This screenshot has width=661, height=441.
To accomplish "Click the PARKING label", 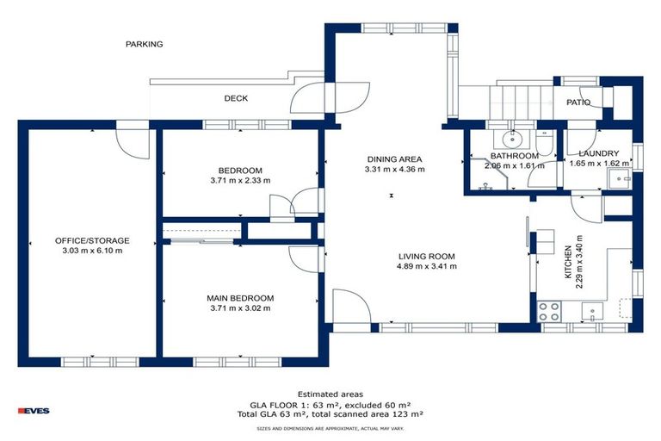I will pos(144,44).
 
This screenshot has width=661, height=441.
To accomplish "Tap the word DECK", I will pos(236,98).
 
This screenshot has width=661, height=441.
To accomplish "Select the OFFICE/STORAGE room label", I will pos(92,240).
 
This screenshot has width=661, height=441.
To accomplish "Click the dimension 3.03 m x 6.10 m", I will pos(92,252).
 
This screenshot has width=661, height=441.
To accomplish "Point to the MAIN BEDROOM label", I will pos(240,298).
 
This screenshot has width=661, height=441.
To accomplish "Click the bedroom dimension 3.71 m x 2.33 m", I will pos(240,181).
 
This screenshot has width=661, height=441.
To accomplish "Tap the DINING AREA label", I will pos(394,158).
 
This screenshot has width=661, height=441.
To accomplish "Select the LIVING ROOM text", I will pos(426,256).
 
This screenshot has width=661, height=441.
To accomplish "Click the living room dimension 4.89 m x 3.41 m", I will pos(426,267).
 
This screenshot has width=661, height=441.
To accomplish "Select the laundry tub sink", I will pos(618,178).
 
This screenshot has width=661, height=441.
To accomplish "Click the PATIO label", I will pos(578,102).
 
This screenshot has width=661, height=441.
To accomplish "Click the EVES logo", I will pos(34,411).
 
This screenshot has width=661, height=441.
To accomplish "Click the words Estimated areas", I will pos(330,393).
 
